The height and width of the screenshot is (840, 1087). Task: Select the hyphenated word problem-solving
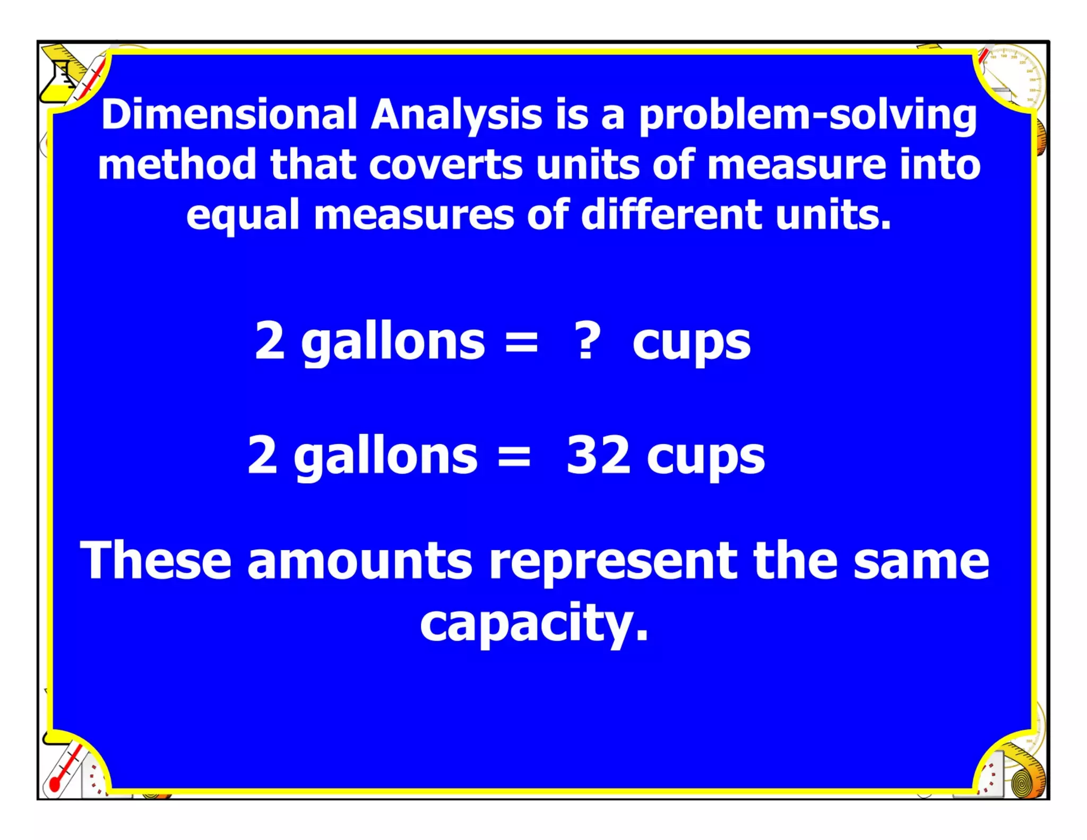coord(807,115)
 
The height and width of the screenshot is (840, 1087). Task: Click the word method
coord(177,165)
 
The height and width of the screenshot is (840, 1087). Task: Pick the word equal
coord(243,215)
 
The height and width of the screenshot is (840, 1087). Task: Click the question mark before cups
coord(588,341)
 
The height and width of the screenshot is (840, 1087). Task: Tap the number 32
coord(598,455)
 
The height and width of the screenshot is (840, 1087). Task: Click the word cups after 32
coord(705,458)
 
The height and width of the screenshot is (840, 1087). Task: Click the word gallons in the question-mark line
coord(393,342)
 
